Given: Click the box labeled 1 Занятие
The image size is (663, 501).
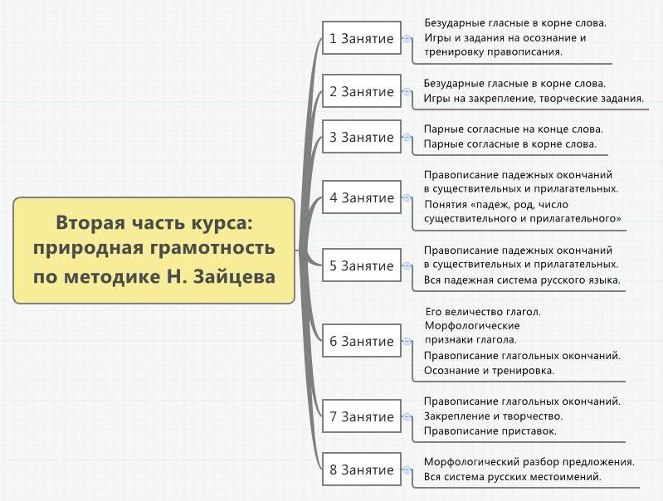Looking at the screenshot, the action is tap(362, 38).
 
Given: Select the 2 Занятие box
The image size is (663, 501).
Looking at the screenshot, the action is tap(362, 91).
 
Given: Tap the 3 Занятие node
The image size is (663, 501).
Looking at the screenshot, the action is tap(362, 137).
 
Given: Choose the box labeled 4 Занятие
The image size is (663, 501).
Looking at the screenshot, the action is tap(362, 197).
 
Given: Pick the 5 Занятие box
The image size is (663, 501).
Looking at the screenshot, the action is tap(362, 265).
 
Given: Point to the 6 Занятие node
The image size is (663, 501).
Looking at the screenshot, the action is tap(362, 341).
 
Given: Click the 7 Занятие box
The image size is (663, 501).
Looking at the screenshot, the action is tap(362, 416).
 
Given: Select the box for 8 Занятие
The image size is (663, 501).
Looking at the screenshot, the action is tap(362, 469).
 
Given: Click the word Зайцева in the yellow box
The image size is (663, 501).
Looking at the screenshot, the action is tap(234, 277).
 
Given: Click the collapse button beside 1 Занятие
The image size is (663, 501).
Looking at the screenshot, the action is tap(407, 38).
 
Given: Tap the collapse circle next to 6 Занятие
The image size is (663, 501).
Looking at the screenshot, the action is tap(407, 341).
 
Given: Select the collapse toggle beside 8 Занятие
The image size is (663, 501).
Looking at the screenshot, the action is tap(407, 469).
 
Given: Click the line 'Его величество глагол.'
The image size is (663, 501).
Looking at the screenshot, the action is tap(483, 312).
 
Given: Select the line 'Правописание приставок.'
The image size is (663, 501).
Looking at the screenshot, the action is tap(490, 430).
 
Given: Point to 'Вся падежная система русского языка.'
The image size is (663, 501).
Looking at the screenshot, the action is tap(522, 280).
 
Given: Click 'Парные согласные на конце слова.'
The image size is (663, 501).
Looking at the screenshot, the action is tap(514, 129).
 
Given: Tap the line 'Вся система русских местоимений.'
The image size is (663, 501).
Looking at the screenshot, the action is tap(513, 476).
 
